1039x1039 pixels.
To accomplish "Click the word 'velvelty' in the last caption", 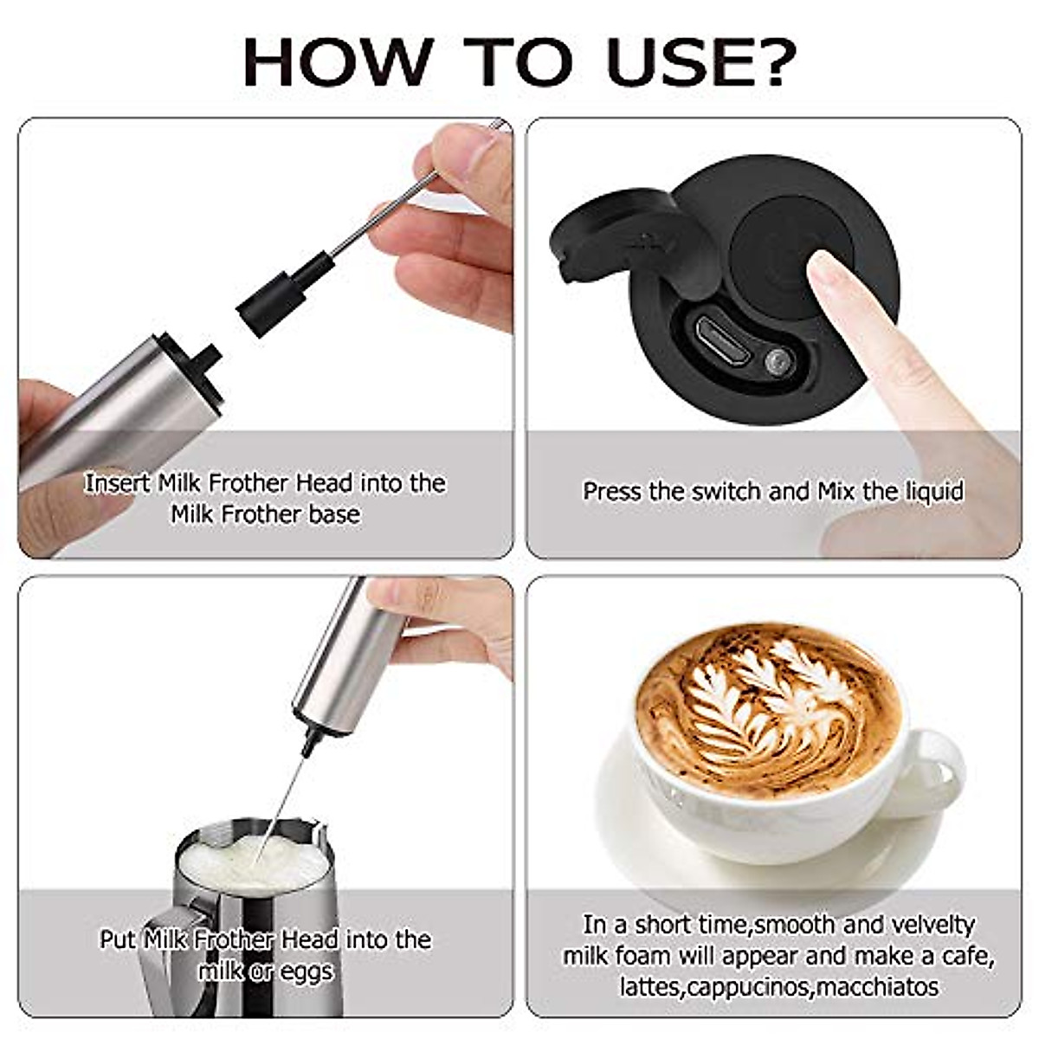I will pos(931,924).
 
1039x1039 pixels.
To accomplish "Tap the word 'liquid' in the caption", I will pos(934,491).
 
